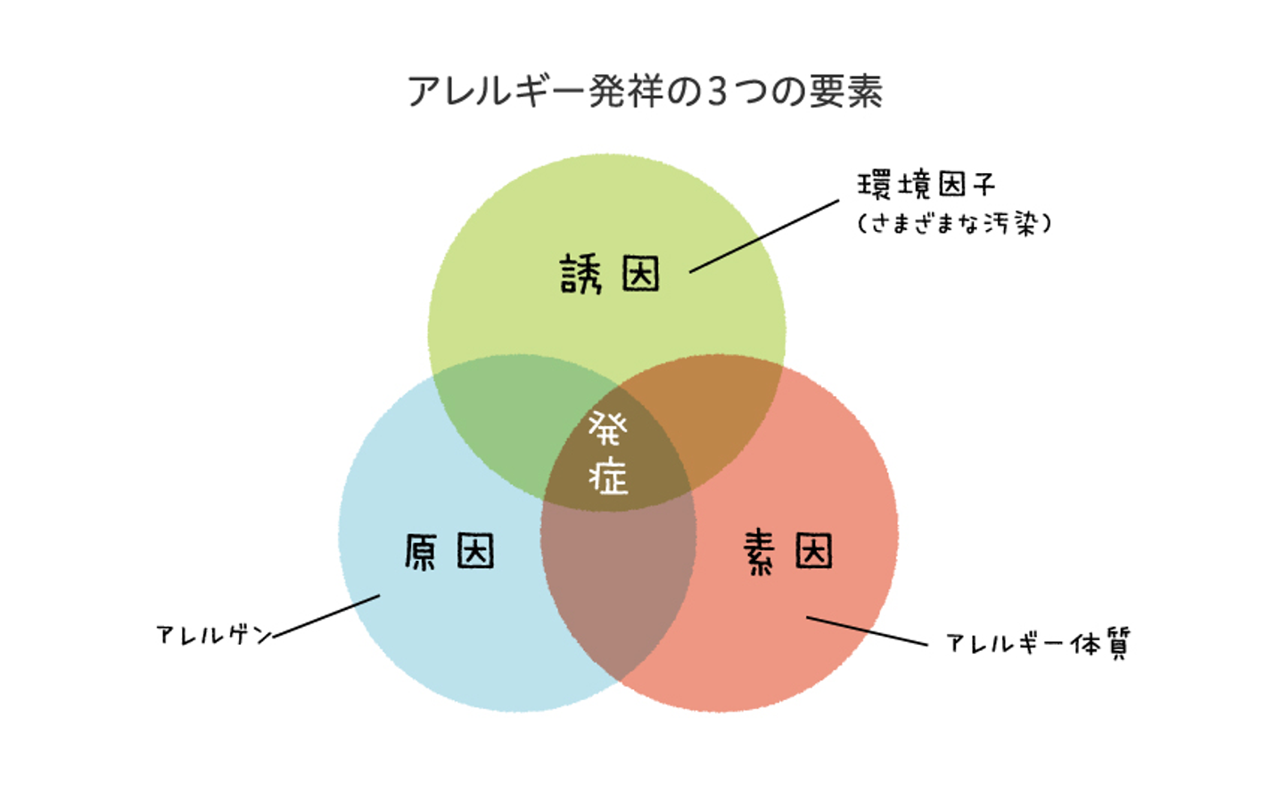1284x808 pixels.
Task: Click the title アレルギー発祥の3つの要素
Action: tap(645, 91)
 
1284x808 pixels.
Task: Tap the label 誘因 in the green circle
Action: tap(610, 274)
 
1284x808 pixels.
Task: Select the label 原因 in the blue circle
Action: tap(449, 551)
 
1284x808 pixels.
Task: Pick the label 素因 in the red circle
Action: tap(787, 551)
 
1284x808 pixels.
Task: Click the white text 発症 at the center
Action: tap(608, 453)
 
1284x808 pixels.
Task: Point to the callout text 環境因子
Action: tap(926, 185)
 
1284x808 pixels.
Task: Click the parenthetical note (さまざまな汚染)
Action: tap(954, 222)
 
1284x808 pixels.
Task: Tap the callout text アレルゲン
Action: tap(214, 634)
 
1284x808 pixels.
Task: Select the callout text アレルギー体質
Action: tap(1037, 643)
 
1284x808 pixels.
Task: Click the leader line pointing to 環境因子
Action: tap(764, 236)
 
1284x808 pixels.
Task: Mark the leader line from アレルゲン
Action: tap(326, 616)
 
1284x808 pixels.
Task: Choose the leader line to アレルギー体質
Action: tap(867, 631)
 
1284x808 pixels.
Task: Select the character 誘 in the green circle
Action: tap(580, 274)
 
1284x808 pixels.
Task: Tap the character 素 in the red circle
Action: tap(759, 551)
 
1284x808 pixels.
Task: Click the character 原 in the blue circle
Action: tap(420, 551)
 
